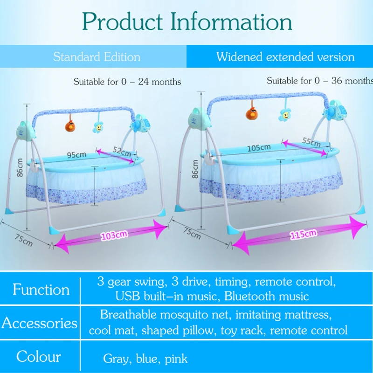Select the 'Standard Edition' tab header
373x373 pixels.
point(97,57)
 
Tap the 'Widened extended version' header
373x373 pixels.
point(285,57)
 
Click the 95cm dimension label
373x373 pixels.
point(76,155)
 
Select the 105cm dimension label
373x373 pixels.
point(259,147)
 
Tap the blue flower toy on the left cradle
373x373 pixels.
point(99,126)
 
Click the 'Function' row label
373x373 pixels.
point(41,289)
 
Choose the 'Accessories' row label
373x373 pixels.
point(40,323)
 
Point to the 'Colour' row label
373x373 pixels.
point(39,357)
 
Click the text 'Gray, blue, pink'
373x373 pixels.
point(145,359)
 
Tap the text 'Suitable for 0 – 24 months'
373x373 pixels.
point(127,82)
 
